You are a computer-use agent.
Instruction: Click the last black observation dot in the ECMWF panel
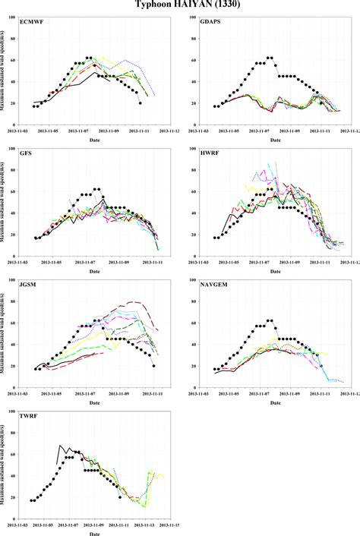click(141, 103)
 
